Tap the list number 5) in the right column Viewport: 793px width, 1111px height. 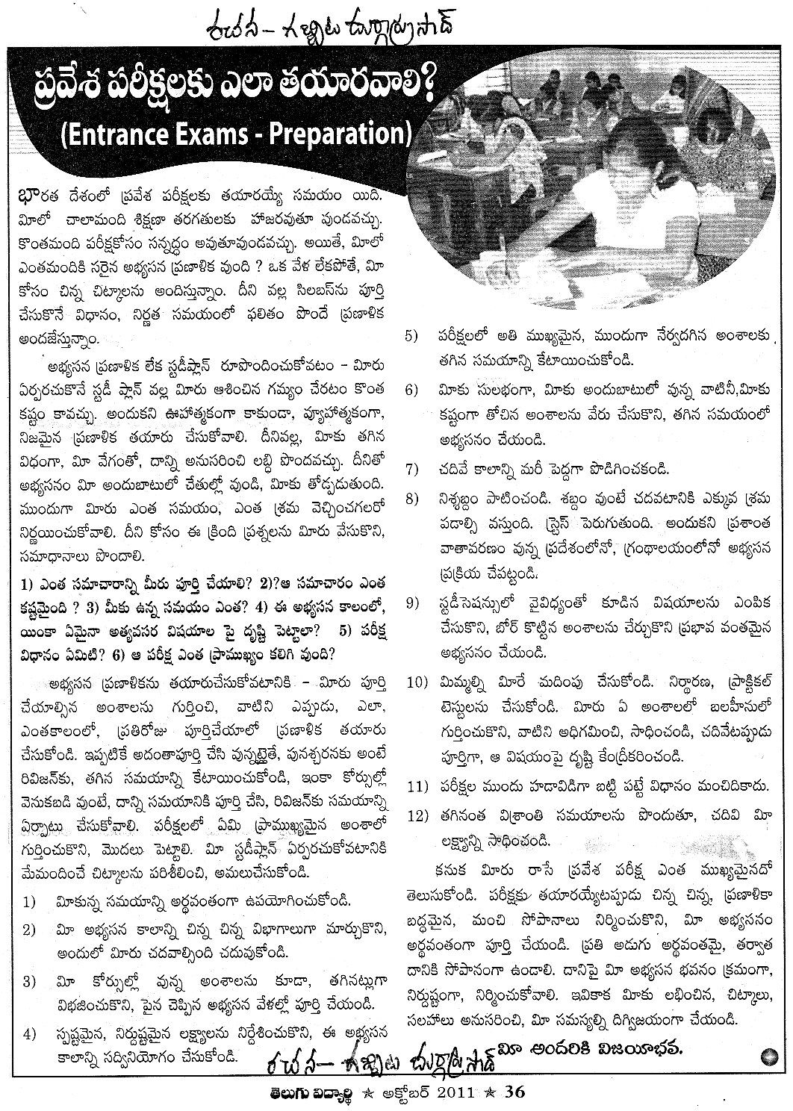[411, 336]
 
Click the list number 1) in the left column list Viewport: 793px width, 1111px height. [29, 902]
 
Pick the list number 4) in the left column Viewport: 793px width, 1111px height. [29, 1035]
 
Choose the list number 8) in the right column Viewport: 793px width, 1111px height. [411, 498]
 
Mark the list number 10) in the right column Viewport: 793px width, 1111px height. [415, 682]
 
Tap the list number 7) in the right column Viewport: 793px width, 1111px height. [411, 470]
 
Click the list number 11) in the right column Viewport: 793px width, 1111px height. [415, 785]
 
